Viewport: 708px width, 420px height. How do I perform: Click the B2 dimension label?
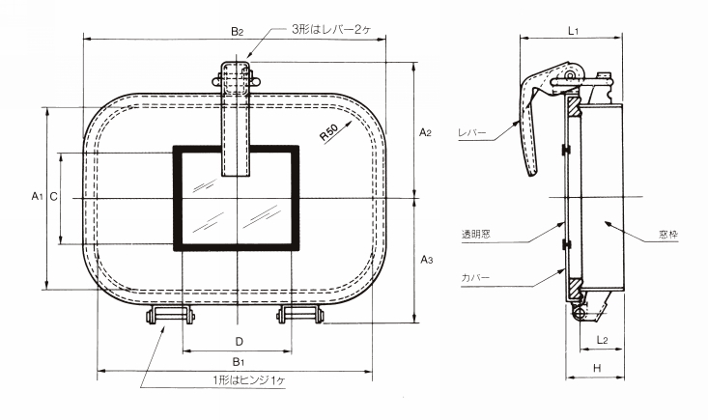238,32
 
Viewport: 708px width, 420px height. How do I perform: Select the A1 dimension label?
35,197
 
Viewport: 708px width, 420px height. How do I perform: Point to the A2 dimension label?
426,131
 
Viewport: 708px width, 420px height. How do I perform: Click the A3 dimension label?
426,261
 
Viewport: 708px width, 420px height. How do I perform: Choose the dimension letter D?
238,341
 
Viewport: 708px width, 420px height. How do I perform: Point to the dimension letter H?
596,368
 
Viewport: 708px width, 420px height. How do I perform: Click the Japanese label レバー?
474,134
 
